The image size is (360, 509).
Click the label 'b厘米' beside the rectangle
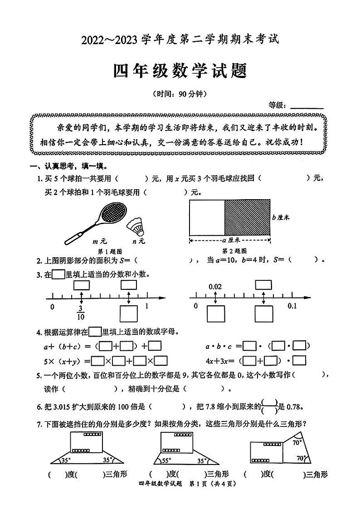pyautogui.click(x=281, y=217)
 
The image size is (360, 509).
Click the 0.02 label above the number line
pyautogui.click(x=215, y=287)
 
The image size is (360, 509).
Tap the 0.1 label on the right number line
pyautogui.click(x=292, y=306)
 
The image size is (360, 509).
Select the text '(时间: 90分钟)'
pyautogui.click(x=180, y=94)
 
